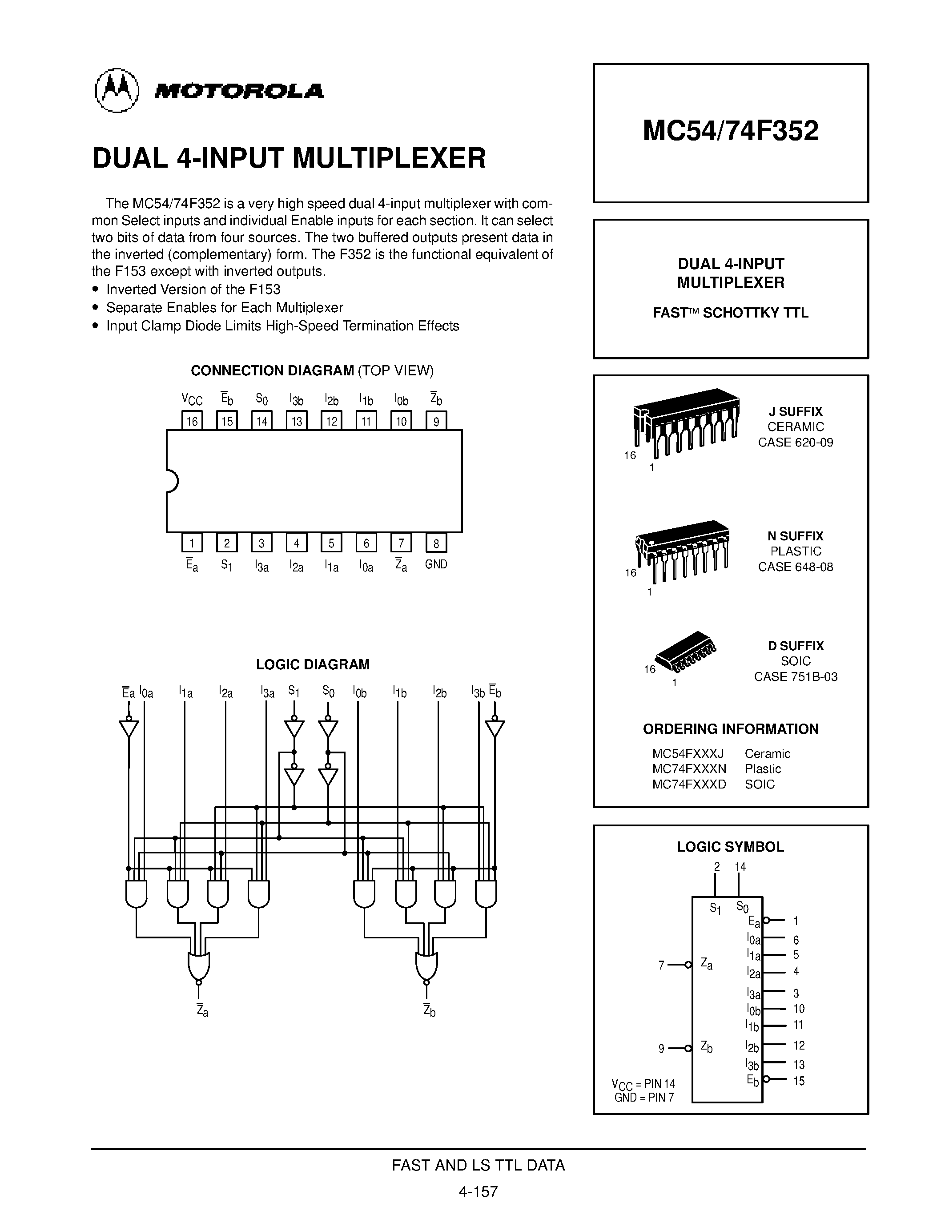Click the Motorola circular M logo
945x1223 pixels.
point(117,90)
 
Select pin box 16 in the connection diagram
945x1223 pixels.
point(192,421)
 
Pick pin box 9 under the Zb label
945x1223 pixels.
point(436,421)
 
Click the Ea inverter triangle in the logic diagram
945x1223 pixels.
point(129,728)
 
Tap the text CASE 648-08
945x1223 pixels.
point(795,567)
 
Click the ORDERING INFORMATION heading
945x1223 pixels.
point(730,729)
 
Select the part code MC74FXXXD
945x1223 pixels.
point(688,784)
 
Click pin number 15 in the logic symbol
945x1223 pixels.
point(798,1081)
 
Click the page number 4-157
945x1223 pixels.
point(478,1191)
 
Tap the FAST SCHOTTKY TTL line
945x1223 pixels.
point(730,313)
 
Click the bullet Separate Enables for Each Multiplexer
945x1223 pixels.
point(224,307)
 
